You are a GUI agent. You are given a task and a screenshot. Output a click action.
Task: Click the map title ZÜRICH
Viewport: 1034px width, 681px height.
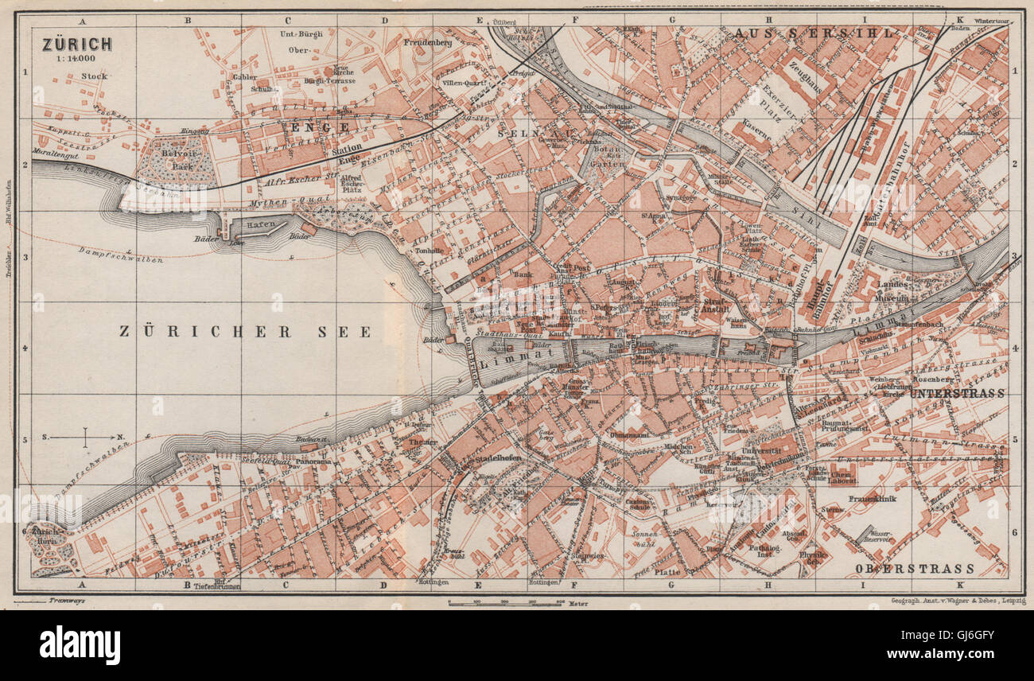[77, 44]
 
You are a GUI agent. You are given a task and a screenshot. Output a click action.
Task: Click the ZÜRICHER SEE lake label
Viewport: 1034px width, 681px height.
[245, 332]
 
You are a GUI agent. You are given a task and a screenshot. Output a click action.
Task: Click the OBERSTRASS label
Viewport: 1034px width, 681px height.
[915, 568]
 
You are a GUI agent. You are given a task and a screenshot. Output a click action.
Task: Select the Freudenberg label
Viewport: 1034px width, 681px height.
[433, 42]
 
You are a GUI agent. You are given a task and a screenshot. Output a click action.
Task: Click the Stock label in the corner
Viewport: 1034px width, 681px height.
[94, 76]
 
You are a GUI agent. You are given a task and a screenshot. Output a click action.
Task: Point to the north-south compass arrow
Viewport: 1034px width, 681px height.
[84, 437]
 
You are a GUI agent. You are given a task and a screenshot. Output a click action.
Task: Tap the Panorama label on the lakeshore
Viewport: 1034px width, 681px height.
[312, 461]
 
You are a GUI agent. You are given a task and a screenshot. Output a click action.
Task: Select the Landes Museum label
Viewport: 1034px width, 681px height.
[892, 290]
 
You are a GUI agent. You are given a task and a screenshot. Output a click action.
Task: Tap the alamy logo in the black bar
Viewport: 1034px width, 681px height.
[80, 644]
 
